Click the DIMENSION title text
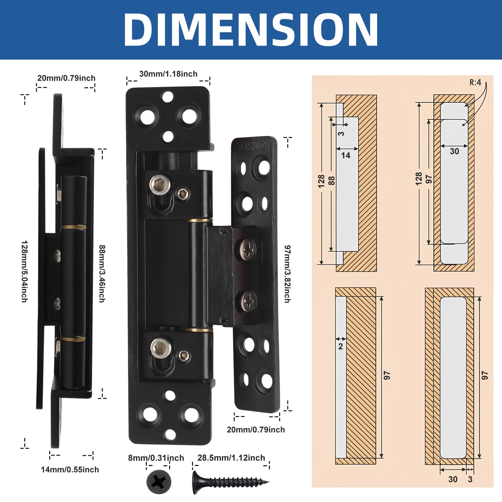tap(251, 30)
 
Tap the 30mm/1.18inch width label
tap(168, 74)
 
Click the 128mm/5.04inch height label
tap(24, 271)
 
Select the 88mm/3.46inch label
tap(102, 274)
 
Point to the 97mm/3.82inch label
tap(287, 274)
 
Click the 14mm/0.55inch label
tap(70, 470)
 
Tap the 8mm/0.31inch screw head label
tap(156, 458)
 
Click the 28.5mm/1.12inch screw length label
tap(231, 458)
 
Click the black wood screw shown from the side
tap(231, 482)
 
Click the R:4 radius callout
tap(475, 83)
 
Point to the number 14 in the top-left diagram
tap(345, 155)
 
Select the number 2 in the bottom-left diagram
tap(340, 346)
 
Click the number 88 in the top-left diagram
tap(332, 180)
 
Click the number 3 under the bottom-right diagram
tap(470, 479)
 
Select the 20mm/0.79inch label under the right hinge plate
tap(256, 430)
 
